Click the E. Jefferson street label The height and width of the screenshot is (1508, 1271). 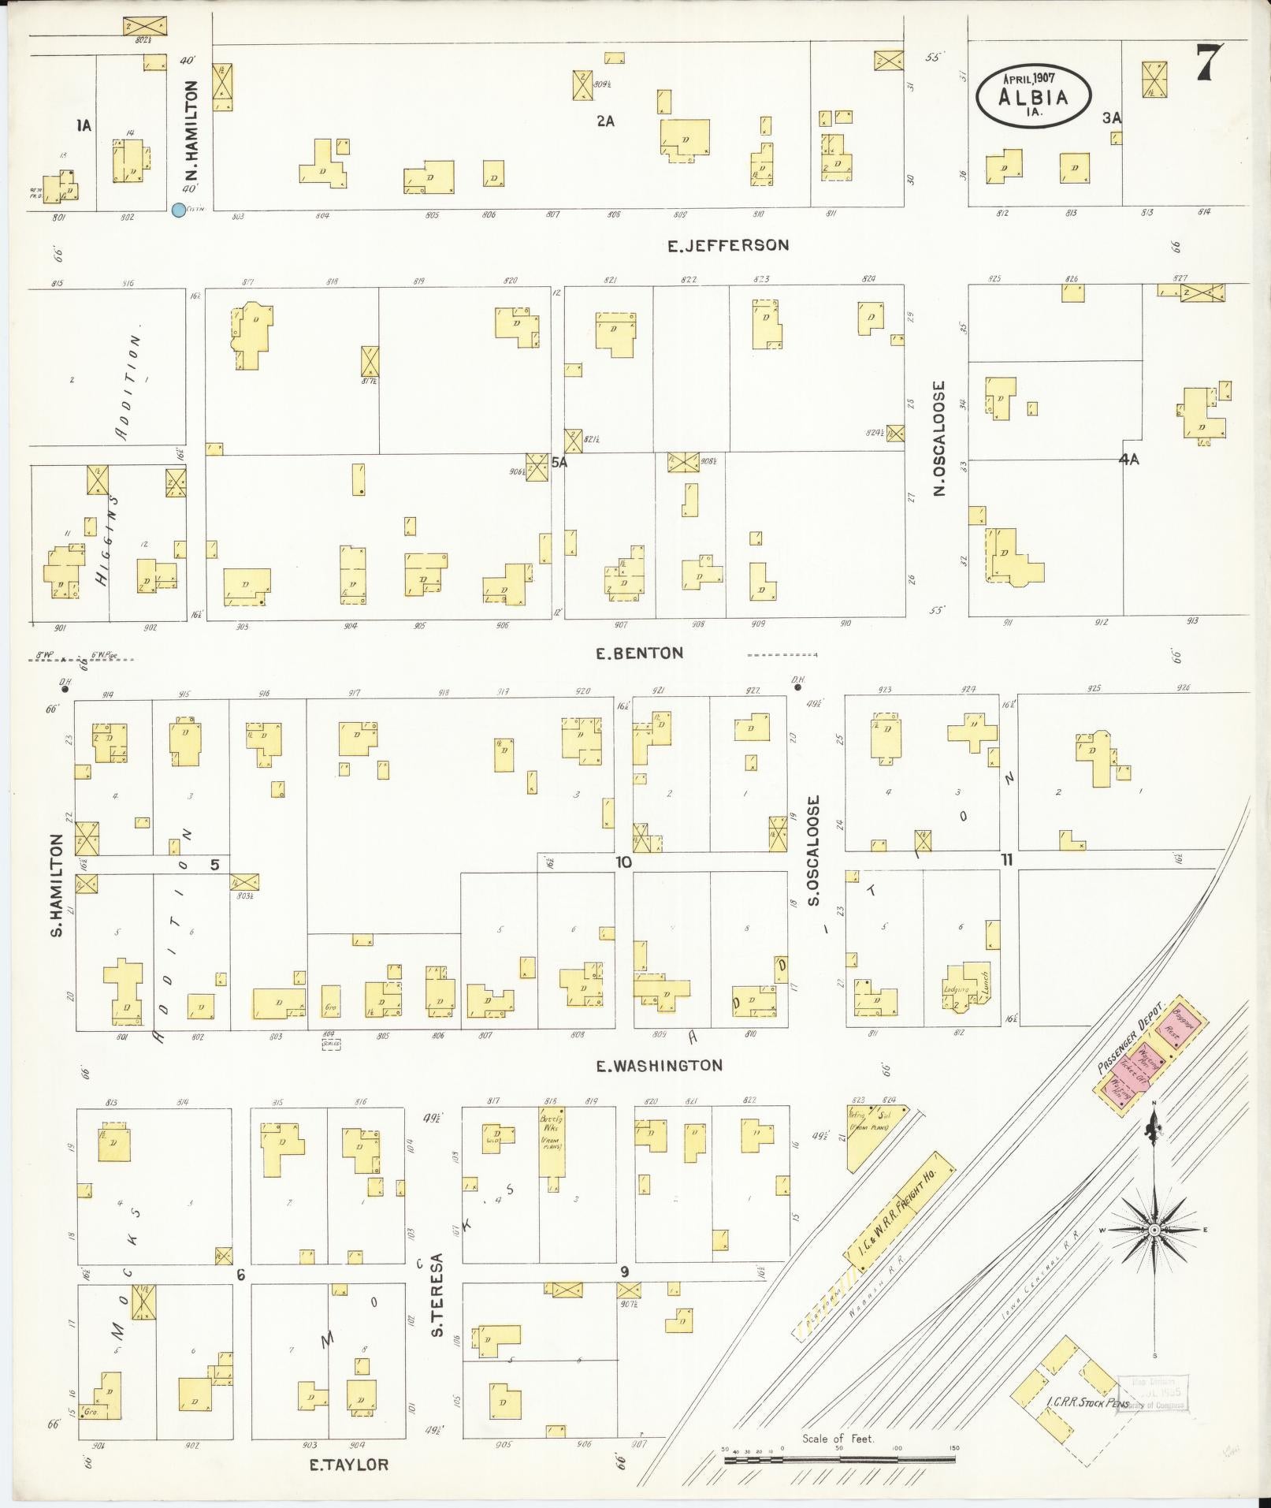[727, 245]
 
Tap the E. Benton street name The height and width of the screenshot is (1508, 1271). [639, 653]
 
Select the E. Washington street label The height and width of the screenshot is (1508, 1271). [659, 1066]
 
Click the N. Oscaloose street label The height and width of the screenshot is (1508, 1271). [939, 438]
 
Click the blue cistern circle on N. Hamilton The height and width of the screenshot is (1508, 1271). [179, 210]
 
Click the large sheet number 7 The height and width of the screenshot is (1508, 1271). [1209, 63]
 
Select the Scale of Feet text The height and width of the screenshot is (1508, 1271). [838, 1439]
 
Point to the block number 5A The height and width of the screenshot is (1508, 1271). [559, 463]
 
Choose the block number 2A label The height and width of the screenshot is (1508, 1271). [605, 121]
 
